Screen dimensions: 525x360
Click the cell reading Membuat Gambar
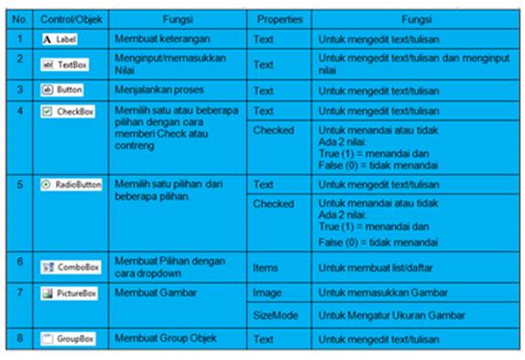point(152,290)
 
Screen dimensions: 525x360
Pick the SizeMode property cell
point(276,315)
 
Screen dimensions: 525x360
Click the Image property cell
point(269,291)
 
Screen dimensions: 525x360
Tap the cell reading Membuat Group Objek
point(162,339)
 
